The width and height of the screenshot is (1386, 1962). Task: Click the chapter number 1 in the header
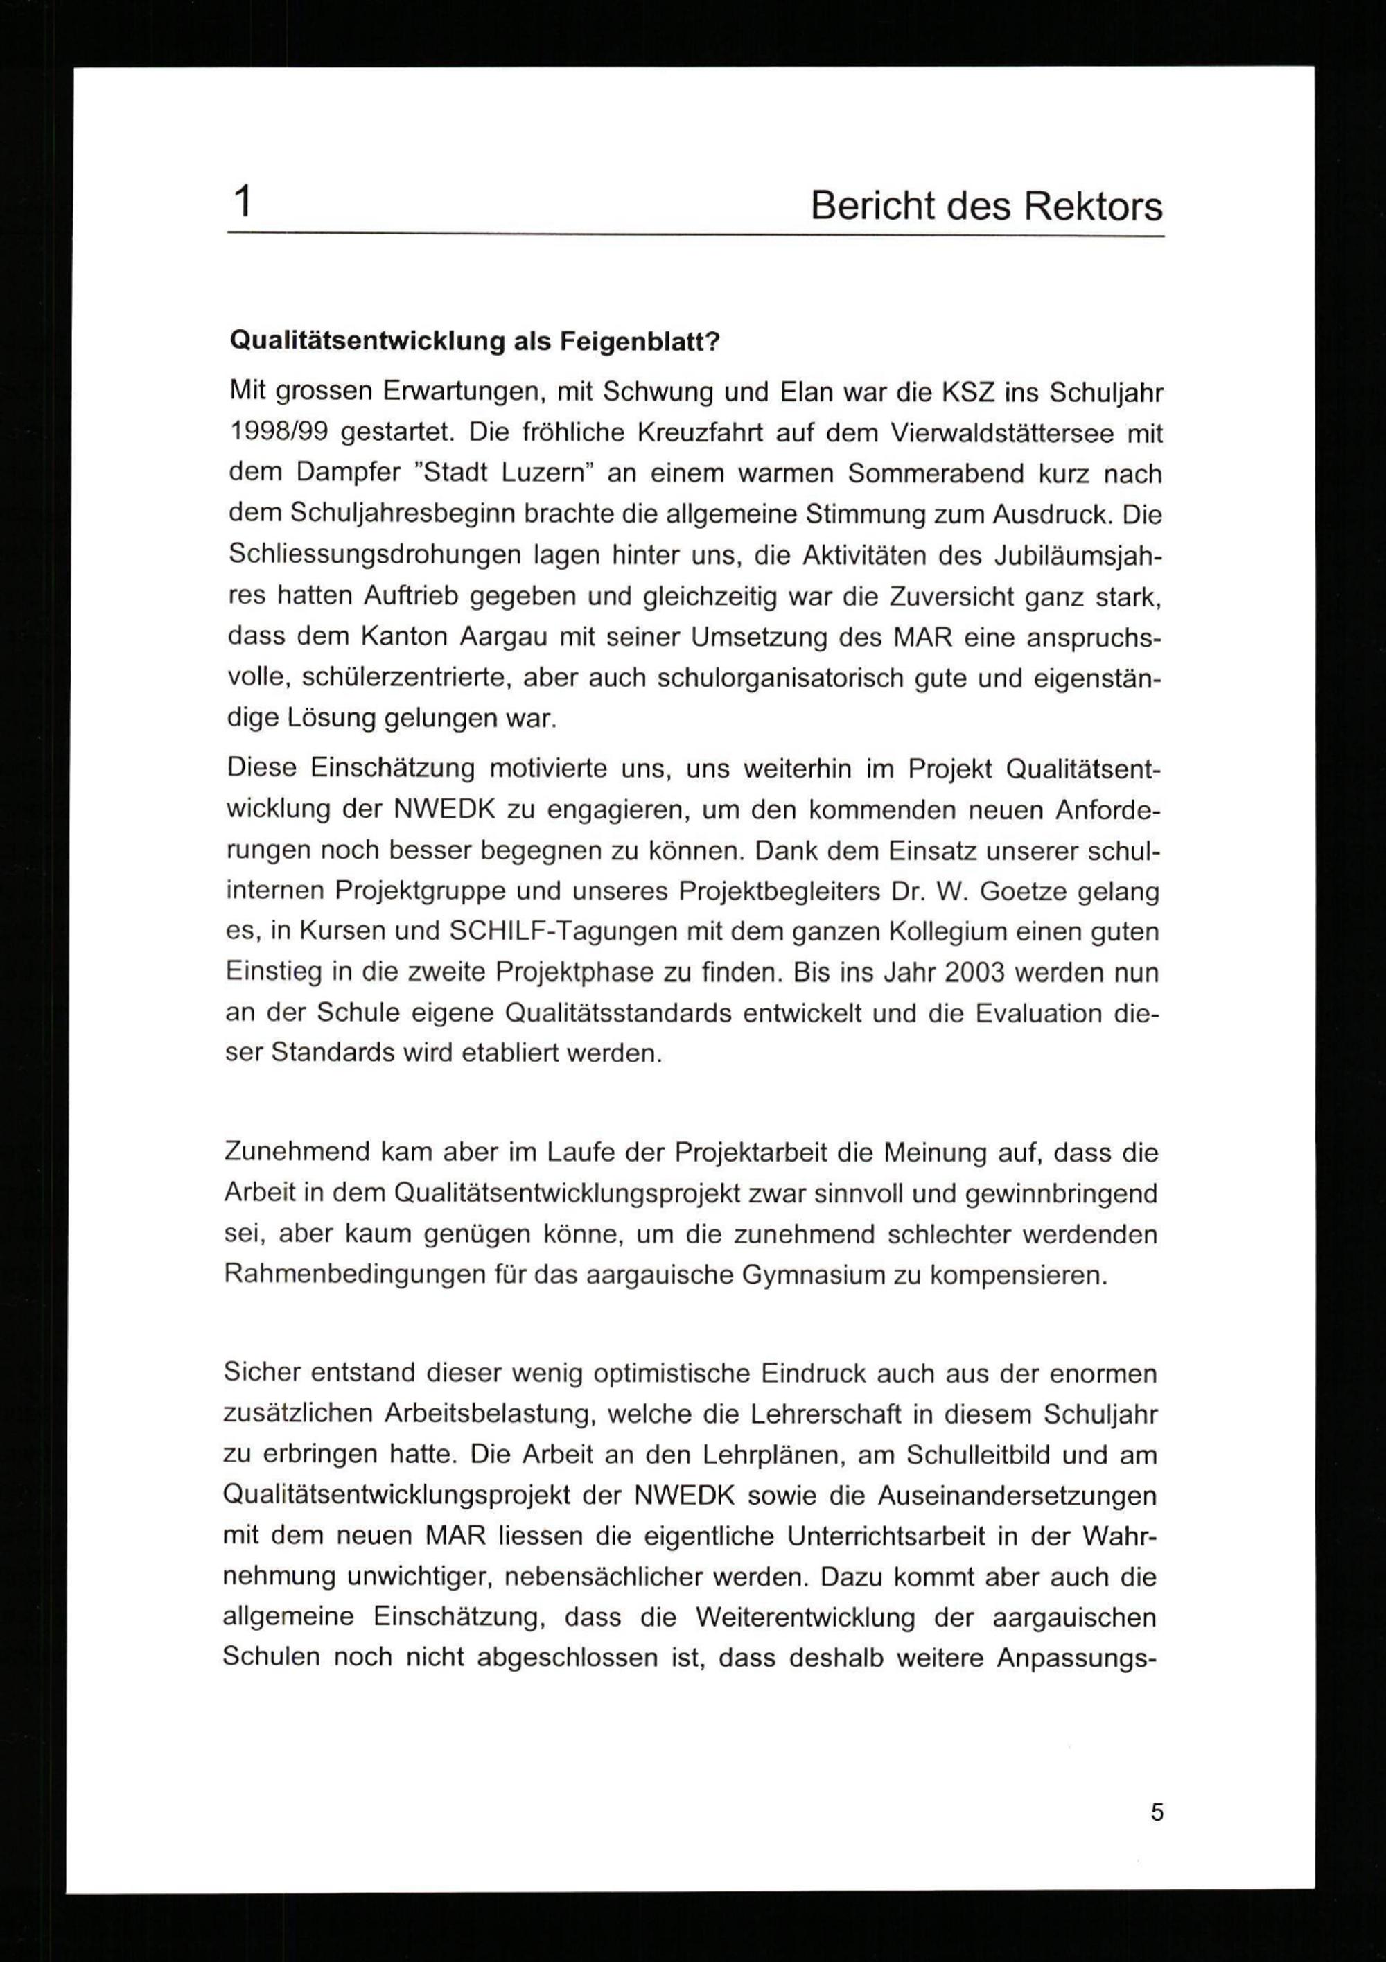coord(243,203)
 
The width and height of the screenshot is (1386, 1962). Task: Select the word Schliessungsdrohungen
coord(374,555)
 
